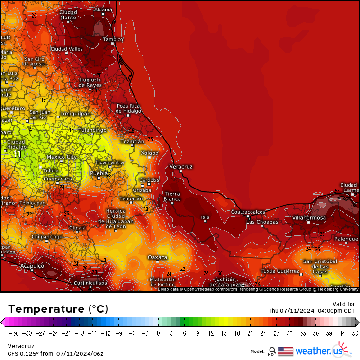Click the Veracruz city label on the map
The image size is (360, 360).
[181, 167]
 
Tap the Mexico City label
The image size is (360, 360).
[62, 157]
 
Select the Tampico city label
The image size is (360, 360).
[113, 39]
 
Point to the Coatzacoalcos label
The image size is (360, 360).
[248, 212]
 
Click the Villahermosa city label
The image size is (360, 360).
[309, 217]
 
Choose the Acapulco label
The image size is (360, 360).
[32, 266]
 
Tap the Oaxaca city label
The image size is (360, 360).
[157, 257]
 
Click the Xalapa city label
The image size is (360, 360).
[149, 153]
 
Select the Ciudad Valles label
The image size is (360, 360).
[66, 49]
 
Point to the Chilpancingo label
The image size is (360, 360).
[47, 236]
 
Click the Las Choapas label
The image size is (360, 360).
[262, 222]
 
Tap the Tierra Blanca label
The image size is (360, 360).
[172, 197]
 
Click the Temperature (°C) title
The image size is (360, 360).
[58, 309]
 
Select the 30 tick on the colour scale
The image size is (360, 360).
[288, 333]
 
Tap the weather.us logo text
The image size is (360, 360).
[318, 351]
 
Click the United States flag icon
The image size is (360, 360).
[285, 351]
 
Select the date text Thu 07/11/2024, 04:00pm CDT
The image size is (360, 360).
[312, 311]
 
